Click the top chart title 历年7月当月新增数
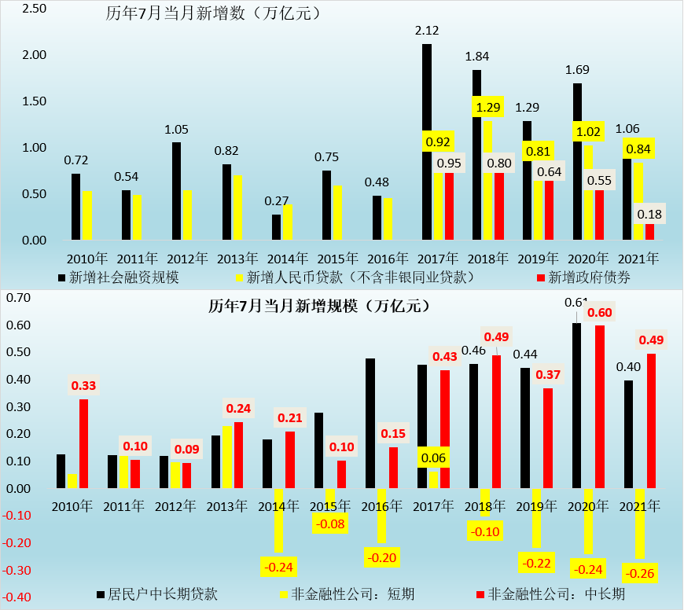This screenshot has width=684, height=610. click(212, 13)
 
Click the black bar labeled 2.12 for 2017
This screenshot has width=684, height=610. click(427, 141)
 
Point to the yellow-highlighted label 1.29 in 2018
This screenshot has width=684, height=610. click(487, 107)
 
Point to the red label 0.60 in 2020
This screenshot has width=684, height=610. click(599, 313)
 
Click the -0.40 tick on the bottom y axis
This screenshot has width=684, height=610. click(17, 597)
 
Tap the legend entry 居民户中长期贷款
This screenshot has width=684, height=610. click(162, 593)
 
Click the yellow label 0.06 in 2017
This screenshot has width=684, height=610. click(434, 457)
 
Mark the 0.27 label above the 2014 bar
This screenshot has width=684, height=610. click(277, 200)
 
